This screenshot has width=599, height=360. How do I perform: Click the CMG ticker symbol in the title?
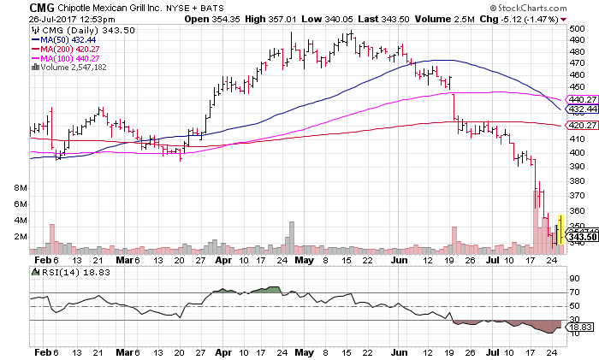(17, 7)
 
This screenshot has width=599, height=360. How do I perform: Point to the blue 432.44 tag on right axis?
(582, 109)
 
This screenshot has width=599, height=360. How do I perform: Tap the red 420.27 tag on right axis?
(582, 126)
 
